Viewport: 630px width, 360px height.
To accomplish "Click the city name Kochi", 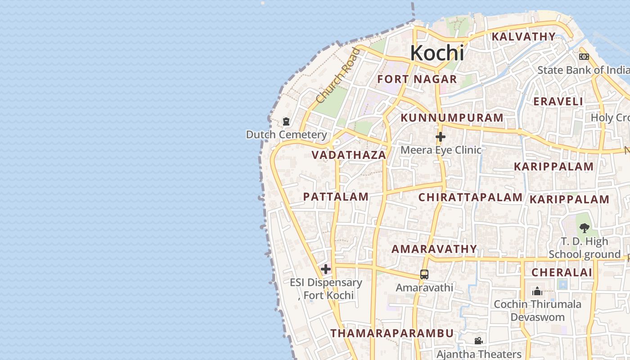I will [x=436, y=53].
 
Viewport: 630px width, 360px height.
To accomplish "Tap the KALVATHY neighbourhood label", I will [x=523, y=36].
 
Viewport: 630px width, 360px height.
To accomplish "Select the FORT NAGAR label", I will [x=417, y=80].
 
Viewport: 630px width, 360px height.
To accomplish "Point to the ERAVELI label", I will [x=558, y=102].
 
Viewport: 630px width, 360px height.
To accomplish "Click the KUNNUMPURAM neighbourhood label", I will [x=452, y=118].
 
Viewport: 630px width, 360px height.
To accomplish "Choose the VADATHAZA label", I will [x=349, y=155].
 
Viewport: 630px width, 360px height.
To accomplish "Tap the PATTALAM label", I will [x=336, y=197].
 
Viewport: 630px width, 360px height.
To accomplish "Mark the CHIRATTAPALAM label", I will [x=470, y=197].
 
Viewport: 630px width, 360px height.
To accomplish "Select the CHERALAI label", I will [x=562, y=272].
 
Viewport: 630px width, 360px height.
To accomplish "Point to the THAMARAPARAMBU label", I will [x=392, y=333].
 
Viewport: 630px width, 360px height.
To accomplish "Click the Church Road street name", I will [x=338, y=75].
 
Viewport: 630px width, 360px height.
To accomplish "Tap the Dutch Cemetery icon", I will [x=286, y=121].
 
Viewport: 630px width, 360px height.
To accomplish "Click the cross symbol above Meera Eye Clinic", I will [x=441, y=137].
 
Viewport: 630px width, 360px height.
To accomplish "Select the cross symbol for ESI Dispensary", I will [x=326, y=269].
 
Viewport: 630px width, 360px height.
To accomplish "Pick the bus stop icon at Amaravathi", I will [x=424, y=274].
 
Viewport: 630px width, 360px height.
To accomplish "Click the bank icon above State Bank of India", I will [x=584, y=57].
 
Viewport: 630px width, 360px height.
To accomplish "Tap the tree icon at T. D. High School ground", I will [x=585, y=228].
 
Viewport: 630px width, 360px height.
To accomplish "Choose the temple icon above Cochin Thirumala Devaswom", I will [x=537, y=291].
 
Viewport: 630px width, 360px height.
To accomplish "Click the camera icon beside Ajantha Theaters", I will [x=478, y=341].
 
